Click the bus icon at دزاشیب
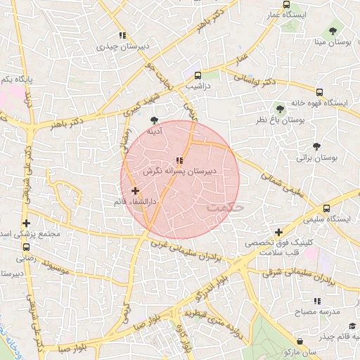pos(198,75)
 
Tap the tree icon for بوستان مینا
pos(333,31)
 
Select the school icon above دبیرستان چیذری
pos(122,35)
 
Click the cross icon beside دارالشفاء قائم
pos(135,191)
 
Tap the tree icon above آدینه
pos(154,120)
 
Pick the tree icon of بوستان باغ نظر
pos(280,109)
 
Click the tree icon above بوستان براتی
pos(317,147)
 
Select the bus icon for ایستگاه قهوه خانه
pos(320,92)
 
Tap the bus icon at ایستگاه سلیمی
pos(326,208)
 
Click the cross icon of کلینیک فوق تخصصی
pos(279,232)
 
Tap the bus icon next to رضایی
pos(26,247)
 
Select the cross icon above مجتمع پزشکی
pos(26,223)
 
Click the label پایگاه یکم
pos(17,80)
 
